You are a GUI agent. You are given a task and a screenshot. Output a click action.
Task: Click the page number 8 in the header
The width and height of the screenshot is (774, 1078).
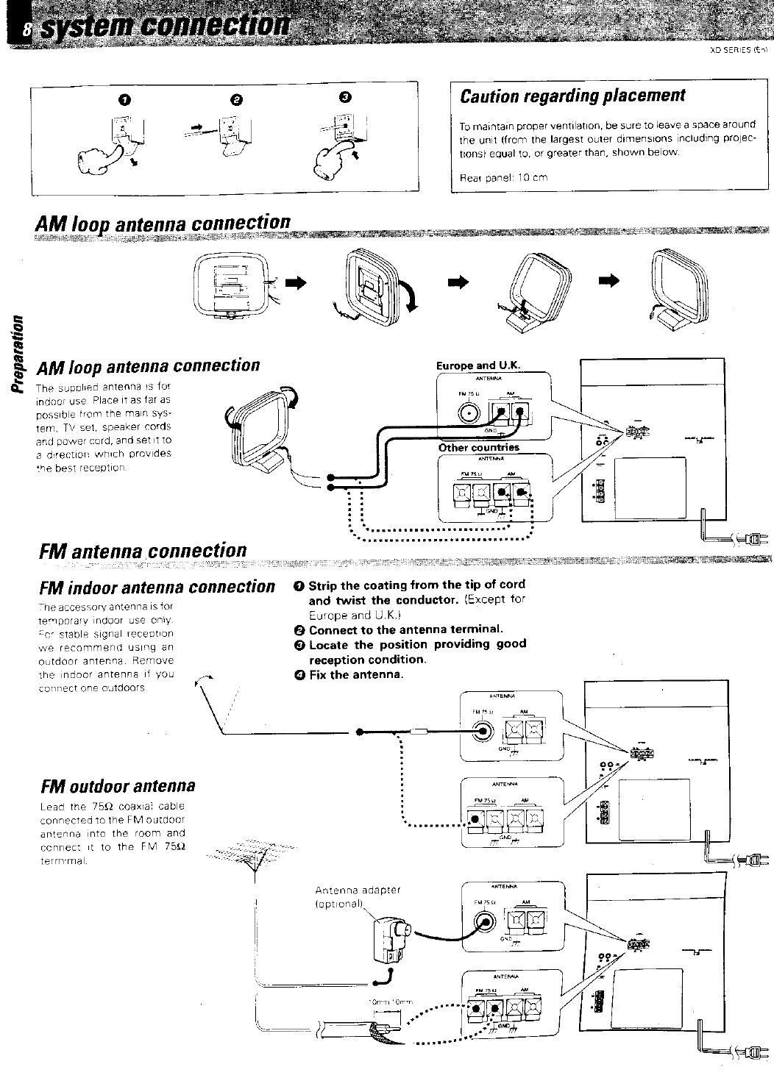tap(26, 29)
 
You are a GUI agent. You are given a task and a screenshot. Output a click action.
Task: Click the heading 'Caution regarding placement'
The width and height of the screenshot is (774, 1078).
tap(572, 96)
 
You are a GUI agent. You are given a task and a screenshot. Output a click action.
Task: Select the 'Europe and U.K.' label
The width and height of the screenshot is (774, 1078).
tap(478, 365)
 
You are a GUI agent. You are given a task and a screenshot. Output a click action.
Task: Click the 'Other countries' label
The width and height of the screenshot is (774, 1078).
tap(479, 447)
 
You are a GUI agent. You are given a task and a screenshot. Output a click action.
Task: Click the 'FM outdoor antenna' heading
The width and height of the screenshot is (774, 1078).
tap(118, 785)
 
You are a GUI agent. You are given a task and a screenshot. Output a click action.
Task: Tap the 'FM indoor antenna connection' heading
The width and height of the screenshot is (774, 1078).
tap(156, 587)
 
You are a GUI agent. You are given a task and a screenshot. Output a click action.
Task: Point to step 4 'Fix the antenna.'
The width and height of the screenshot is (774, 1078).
tap(349, 674)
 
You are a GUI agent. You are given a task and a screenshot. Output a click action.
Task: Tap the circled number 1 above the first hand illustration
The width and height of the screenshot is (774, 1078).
tap(125, 99)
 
